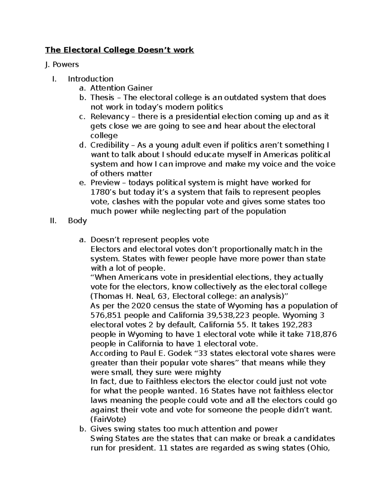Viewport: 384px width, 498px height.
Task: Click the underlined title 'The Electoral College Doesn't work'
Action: pos(119,50)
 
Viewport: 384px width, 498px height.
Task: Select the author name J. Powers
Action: pos(62,64)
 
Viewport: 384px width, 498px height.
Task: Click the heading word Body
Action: pos(77,221)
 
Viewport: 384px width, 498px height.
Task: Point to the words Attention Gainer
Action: pos(121,88)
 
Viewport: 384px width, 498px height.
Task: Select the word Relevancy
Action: pos(110,116)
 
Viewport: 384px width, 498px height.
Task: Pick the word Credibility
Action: pos(109,145)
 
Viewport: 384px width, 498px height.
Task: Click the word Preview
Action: pos(105,183)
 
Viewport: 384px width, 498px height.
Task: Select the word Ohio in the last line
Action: pos(320,448)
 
